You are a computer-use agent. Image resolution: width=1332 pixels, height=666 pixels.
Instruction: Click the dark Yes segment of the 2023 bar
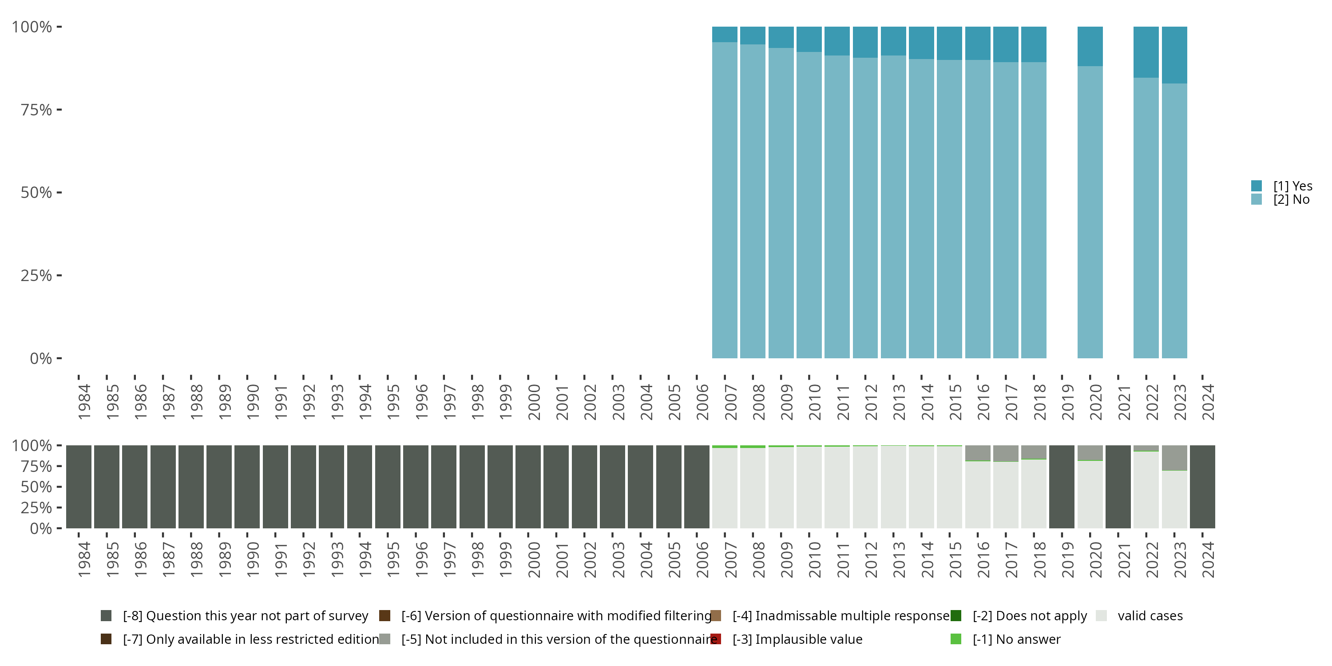pos(1174,55)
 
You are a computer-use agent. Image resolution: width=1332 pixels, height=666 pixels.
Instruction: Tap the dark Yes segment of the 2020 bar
pos(1090,46)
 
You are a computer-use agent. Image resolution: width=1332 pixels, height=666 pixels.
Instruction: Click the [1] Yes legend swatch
pos(1257,186)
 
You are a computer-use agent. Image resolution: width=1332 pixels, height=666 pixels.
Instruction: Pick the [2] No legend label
pos(1291,200)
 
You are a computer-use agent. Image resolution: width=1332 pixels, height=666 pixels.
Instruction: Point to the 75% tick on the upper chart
pos(59,110)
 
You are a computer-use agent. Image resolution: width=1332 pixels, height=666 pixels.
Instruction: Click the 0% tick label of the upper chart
pos(41,358)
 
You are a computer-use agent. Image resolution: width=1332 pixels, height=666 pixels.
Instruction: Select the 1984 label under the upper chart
pos(84,402)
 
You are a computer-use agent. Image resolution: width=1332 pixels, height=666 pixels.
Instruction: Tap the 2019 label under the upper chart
pos(1068,402)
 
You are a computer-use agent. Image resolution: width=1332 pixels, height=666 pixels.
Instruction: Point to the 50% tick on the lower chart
pos(59,487)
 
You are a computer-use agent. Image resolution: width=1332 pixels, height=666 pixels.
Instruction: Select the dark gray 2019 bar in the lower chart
pos(1062,487)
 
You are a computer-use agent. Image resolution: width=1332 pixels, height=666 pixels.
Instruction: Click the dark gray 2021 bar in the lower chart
pos(1118,487)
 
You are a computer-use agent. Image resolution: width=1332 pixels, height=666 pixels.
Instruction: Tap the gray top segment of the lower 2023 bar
pos(1174,458)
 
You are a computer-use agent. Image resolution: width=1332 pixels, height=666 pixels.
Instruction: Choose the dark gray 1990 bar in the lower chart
pos(247,487)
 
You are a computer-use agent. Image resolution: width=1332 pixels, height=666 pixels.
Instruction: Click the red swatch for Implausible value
pos(716,639)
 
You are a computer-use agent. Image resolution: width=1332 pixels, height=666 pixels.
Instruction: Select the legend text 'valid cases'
pos(1150,616)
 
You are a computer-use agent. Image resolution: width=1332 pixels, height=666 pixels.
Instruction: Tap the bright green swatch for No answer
pos(955,639)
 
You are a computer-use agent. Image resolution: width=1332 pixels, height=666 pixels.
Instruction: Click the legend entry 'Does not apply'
pos(1030,616)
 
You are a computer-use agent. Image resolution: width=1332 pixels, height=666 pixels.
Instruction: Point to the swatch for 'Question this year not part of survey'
pos(106,616)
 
